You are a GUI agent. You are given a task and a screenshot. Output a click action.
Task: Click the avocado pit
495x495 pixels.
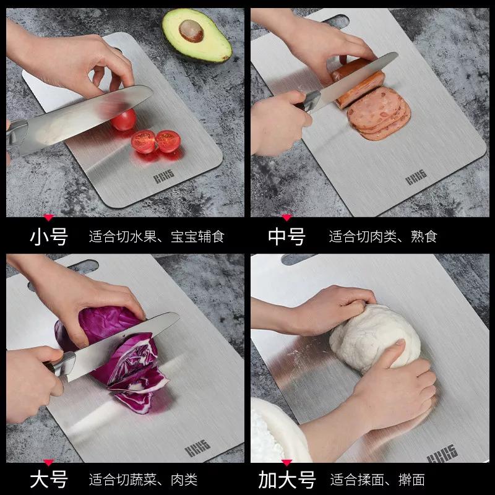[x=191, y=28]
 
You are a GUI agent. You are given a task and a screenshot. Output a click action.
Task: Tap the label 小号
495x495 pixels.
[x=49, y=236]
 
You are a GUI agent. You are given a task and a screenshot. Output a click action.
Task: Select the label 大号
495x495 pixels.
[x=49, y=479]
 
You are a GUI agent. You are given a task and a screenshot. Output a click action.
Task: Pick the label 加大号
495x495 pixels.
[x=286, y=479]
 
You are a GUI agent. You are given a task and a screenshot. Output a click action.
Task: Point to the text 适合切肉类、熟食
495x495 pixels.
[x=383, y=236]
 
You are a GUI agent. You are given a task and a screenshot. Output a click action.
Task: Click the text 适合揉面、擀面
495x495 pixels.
[x=377, y=479]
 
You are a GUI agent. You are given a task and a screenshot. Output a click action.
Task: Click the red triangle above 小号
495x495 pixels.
[x=48, y=217]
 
